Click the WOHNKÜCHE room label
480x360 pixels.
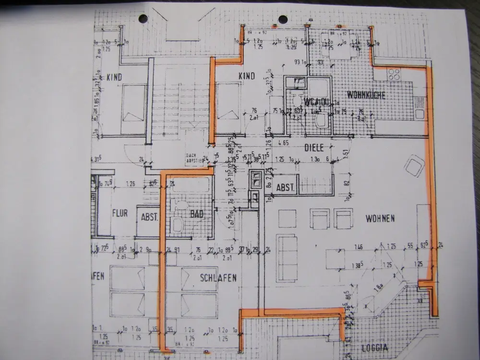click(366, 96)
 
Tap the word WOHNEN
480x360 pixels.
click(380, 219)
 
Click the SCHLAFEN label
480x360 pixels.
click(218, 278)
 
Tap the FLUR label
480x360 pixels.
click(120, 213)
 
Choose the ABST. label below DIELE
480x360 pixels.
click(286, 188)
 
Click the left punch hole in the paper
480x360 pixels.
click(143, 19)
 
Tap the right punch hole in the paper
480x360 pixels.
click(283, 20)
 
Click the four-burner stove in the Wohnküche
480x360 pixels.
click(394, 74)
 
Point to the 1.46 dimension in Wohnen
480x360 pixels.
click(358, 248)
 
